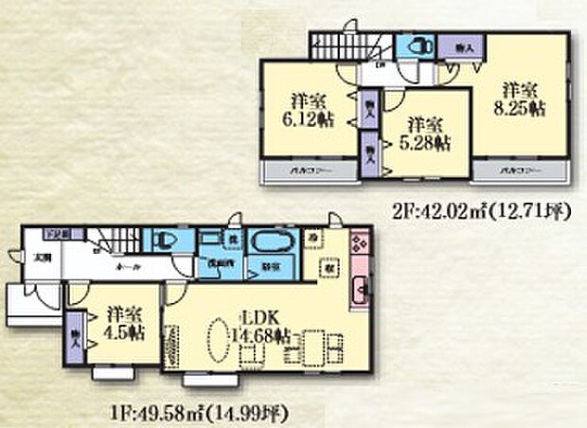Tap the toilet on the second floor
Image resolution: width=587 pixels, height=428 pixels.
point(414,46)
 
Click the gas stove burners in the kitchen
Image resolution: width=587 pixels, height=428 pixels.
point(361,243)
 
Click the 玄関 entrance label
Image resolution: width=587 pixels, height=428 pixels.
point(44,258)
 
